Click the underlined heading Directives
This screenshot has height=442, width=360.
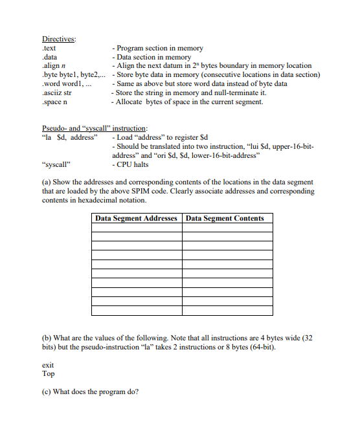pyautogui.click(x=59, y=39)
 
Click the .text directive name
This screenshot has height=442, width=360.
pyautogui.click(x=49, y=48)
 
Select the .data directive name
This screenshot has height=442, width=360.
pyautogui.click(x=50, y=57)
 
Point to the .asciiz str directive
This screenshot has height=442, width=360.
pyautogui.click(x=56, y=93)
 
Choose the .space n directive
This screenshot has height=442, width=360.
pyautogui.click(x=54, y=102)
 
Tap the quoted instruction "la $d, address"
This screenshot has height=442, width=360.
pyautogui.click(x=69, y=138)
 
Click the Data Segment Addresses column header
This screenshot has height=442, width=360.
pyautogui.click(x=136, y=219)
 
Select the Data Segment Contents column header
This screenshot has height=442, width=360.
pyautogui.click(x=225, y=219)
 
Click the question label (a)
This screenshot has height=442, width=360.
pyautogui.click(x=47, y=183)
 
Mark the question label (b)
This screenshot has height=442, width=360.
pyautogui.click(x=47, y=338)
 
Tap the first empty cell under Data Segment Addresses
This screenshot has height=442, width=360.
pyautogui.click(x=136, y=228)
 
